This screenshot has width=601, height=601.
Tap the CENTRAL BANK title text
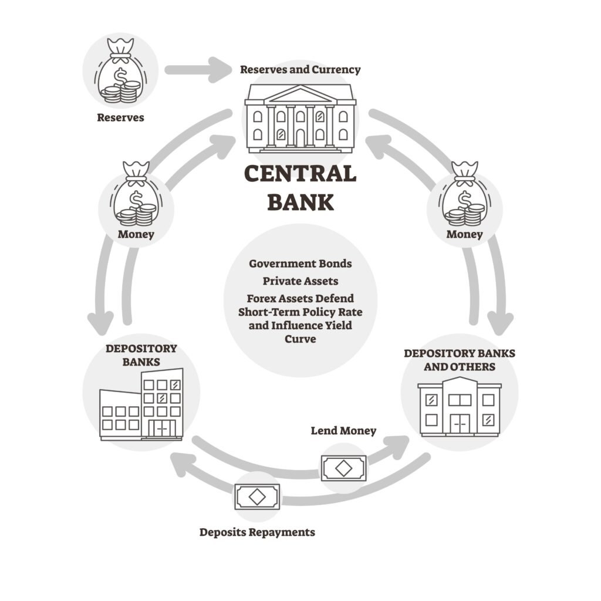click(x=300, y=187)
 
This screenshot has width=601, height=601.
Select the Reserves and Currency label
click(x=300, y=69)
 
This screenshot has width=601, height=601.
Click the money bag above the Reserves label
click(x=120, y=72)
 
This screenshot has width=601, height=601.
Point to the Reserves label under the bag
click(x=120, y=117)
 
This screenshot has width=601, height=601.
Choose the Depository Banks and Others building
click(x=460, y=406)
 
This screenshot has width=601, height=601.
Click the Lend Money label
click(x=343, y=431)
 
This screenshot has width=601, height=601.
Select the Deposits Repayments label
click(x=257, y=532)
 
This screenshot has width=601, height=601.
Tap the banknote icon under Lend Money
click(x=343, y=468)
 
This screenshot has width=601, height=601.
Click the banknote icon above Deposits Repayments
click(x=257, y=497)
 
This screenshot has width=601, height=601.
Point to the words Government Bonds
click(x=300, y=264)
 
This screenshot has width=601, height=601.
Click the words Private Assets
click(x=300, y=281)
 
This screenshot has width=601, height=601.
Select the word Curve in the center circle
click(x=300, y=339)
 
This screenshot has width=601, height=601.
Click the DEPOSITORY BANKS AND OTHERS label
click(x=460, y=360)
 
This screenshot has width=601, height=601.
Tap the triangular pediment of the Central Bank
click(x=300, y=94)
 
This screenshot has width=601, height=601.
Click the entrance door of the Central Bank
click(x=300, y=137)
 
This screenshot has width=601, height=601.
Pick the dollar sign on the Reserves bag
click(x=120, y=76)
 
